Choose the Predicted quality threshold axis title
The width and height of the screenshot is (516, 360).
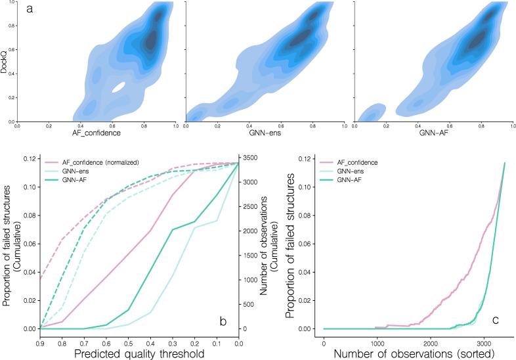(x=139, y=353)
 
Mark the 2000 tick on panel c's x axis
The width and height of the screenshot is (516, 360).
(x=431, y=342)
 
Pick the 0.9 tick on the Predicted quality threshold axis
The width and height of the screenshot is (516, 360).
(x=41, y=342)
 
